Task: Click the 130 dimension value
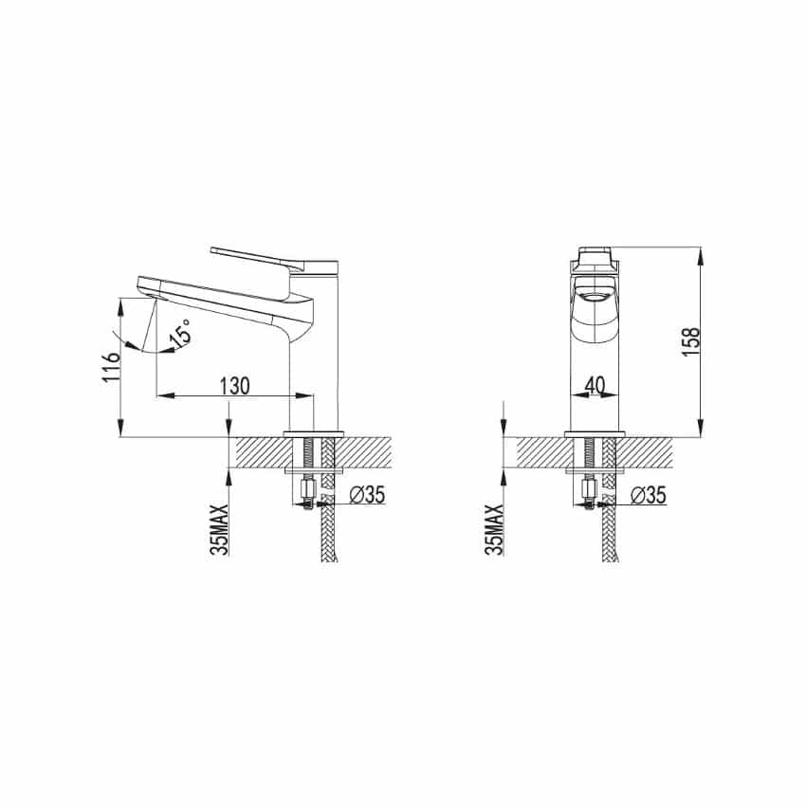(x=235, y=386)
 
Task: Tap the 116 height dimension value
(x=112, y=367)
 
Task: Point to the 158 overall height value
(x=692, y=342)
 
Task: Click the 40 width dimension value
(x=595, y=385)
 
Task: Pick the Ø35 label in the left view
(x=367, y=494)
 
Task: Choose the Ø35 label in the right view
(x=649, y=495)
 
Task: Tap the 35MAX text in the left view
(x=219, y=530)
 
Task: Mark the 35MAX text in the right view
(x=494, y=529)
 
